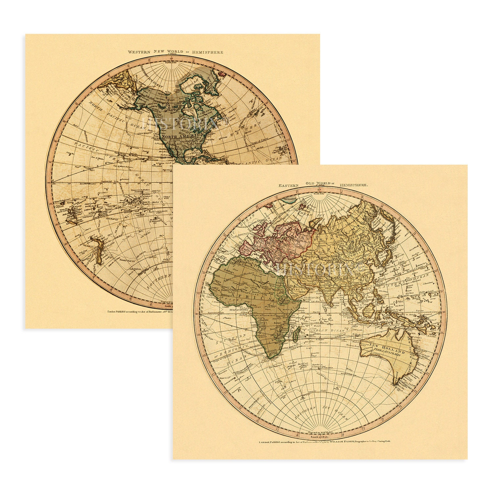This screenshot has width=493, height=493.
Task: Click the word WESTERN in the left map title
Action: (x=139, y=52)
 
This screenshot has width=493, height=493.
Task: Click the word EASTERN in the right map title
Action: (x=289, y=186)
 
